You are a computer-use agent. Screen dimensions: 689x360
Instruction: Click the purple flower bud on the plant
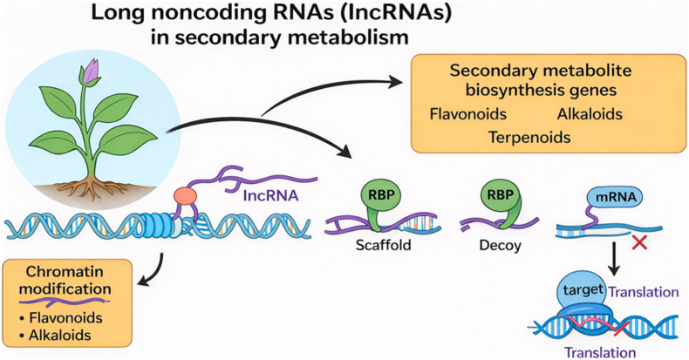coord(92,72)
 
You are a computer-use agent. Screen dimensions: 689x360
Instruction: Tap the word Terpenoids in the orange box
coord(529,138)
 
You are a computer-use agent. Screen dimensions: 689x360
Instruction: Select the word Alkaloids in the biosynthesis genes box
coord(590,114)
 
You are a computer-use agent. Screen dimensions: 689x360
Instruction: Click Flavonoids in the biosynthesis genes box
coord(468,114)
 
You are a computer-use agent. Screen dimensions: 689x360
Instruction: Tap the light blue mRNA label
coord(615,197)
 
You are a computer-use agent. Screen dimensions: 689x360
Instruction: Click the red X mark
coord(639,242)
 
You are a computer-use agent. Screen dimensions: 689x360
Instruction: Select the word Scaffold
coord(383,245)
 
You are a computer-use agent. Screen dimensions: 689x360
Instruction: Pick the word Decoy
coord(500,246)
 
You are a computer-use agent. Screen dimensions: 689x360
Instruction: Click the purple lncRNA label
coord(270,195)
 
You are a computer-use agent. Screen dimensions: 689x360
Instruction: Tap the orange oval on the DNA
coord(185,196)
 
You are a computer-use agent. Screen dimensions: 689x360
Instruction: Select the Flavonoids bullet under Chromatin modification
coord(61,317)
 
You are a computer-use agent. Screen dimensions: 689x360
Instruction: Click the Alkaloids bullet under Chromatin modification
coord(55,336)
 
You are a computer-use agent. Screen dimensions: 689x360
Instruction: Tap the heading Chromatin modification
coord(65,280)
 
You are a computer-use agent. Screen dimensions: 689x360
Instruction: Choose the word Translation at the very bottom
coord(600,352)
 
